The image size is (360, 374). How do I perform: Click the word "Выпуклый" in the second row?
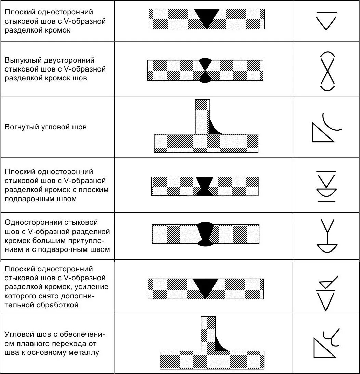[x=21, y=60]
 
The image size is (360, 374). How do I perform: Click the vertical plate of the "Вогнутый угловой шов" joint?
[x=202, y=116]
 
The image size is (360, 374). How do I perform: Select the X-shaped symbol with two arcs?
[x=328, y=72]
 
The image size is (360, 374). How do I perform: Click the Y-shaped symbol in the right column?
[x=328, y=237]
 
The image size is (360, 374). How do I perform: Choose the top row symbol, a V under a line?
[x=327, y=21]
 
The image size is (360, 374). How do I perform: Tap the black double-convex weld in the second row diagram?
[x=205, y=70]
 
